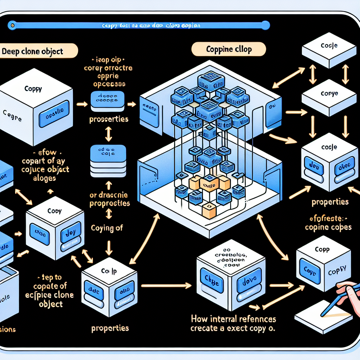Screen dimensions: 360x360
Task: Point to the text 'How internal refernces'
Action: pyautogui.click(x=233, y=319)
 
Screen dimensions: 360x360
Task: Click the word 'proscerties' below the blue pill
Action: pyautogui.click(x=109, y=119)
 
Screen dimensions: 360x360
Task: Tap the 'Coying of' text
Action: pyautogui.click(x=107, y=228)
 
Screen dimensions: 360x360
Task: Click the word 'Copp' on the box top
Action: pyautogui.click(x=322, y=250)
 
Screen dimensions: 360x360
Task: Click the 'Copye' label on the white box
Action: pyautogui.click(x=329, y=94)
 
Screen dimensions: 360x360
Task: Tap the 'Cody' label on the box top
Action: pyautogui.click(x=54, y=211)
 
